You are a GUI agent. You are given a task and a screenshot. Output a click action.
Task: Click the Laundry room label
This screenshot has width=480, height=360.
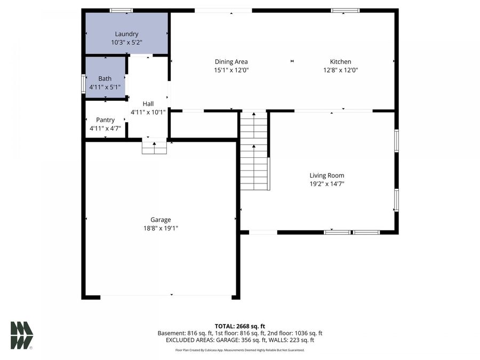[126, 34]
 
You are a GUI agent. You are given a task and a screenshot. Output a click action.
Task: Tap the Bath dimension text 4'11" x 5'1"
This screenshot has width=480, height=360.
[105, 86]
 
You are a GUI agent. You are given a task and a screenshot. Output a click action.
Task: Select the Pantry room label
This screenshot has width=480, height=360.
[105, 120]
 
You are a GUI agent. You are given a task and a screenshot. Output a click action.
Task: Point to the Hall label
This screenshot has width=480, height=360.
[148, 103]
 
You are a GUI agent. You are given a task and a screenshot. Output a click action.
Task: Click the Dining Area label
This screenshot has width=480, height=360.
[231, 62]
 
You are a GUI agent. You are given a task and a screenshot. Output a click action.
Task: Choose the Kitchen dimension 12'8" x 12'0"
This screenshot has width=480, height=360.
[340, 70]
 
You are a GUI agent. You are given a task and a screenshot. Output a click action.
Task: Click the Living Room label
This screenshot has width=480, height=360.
[326, 175]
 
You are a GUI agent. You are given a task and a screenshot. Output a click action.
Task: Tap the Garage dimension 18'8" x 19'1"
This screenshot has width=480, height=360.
[161, 228]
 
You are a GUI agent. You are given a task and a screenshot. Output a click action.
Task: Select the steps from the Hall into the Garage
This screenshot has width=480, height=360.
[154, 147]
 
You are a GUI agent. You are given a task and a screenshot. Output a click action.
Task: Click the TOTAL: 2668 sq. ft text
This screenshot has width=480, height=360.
[239, 326]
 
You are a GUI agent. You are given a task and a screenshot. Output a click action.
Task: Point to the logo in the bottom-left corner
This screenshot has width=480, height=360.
[21, 335]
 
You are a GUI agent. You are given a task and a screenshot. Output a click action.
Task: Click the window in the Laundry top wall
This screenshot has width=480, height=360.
[121, 10]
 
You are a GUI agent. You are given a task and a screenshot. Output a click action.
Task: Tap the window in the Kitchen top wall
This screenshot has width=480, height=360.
[345, 10]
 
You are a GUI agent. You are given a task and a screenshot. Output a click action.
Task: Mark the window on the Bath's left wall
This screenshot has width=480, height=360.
[83, 84]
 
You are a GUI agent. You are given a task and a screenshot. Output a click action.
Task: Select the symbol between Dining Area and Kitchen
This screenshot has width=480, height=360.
[292, 62]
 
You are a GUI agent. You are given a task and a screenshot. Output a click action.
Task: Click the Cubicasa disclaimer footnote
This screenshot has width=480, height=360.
[239, 350]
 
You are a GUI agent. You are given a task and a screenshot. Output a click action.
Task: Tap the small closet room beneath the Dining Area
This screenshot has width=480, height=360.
[204, 125]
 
